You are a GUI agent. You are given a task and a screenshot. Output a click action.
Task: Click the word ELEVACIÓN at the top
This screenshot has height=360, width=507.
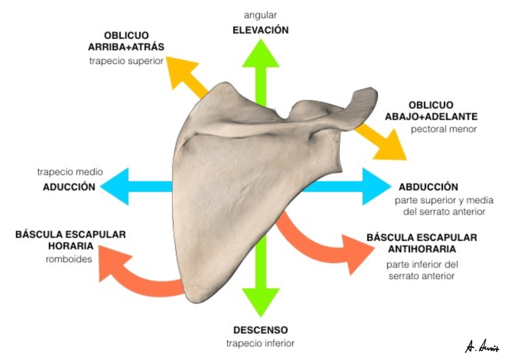pyautogui.click(x=260, y=30)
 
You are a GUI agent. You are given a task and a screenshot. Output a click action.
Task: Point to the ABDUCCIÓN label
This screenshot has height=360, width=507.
pyautogui.click(x=428, y=187)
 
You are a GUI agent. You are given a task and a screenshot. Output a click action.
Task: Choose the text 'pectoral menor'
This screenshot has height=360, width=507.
pyautogui.click(x=443, y=130)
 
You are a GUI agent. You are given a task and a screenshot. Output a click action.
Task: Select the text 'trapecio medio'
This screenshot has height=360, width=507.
pyautogui.click(x=70, y=172)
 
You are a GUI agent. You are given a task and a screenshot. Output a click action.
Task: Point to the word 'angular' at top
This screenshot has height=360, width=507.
pyautogui.click(x=260, y=15)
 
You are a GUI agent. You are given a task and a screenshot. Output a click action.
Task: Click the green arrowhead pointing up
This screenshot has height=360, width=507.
pyautogui.click(x=260, y=53)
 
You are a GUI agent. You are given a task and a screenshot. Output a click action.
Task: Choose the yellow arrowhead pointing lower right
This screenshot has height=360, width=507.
pyautogui.click(x=393, y=148)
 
